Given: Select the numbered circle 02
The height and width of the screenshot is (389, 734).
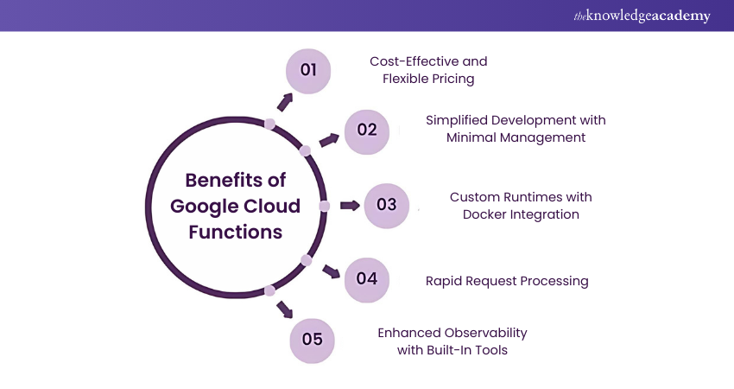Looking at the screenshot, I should pyautogui.click(x=367, y=130).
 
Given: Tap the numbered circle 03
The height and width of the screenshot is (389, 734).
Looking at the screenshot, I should pyautogui.click(x=387, y=205).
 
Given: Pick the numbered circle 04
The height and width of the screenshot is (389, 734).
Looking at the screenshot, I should pyautogui.click(x=367, y=278).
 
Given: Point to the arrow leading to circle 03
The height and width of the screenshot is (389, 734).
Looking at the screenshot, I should pyautogui.click(x=350, y=206).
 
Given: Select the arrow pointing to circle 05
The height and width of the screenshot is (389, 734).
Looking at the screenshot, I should pyautogui.click(x=284, y=309).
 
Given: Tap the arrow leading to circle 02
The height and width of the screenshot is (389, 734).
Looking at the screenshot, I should pyautogui.click(x=328, y=140).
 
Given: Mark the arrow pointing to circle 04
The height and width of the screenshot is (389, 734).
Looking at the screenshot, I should pyautogui.click(x=331, y=271).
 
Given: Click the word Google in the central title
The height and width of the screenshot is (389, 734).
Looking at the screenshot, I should pyautogui.click(x=201, y=207).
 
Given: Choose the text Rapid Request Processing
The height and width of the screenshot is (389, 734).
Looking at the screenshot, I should pyautogui.click(x=507, y=280).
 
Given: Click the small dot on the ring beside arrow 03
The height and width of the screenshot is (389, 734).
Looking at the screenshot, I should pyautogui.click(x=325, y=206).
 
